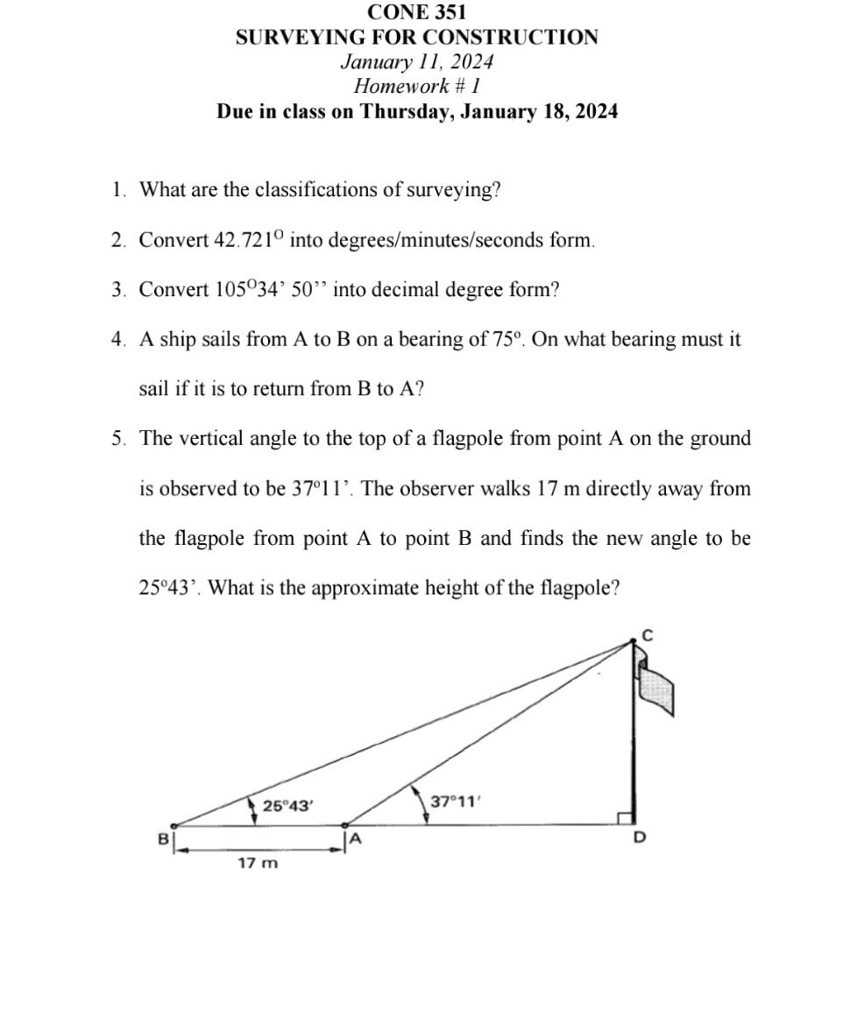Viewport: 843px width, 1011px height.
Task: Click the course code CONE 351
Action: click(x=417, y=12)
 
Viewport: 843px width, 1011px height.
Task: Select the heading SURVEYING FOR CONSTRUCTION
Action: click(x=417, y=38)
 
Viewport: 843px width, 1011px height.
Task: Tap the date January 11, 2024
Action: click(x=417, y=62)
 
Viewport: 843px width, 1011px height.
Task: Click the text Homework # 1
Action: click(x=417, y=87)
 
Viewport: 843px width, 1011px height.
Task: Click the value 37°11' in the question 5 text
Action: click(x=322, y=489)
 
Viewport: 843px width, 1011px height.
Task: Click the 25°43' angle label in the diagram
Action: click(x=287, y=806)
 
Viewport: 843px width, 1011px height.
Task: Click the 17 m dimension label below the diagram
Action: click(x=258, y=864)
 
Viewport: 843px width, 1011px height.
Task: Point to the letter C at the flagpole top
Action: click(x=648, y=635)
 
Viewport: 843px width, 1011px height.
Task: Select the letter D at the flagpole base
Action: click(x=639, y=838)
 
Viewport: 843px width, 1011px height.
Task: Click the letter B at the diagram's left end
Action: click(x=162, y=838)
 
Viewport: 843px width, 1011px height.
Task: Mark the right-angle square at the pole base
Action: click(x=625, y=818)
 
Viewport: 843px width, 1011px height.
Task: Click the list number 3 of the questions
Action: click(x=117, y=290)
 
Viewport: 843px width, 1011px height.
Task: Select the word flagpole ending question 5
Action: click(x=577, y=588)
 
